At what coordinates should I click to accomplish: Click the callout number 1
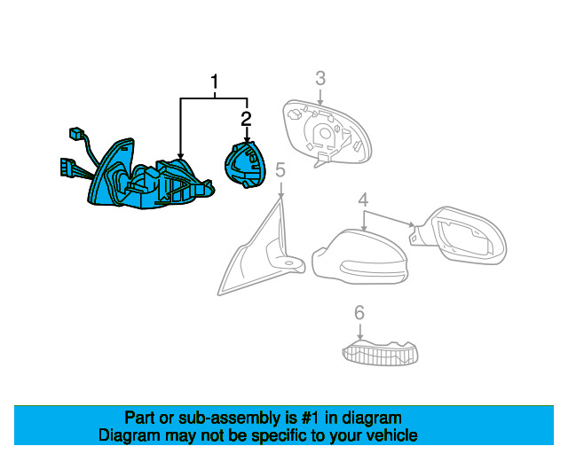[215, 82]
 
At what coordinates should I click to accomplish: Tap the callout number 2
[246, 119]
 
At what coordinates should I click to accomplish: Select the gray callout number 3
[320, 79]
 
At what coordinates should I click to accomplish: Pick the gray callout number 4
[363, 200]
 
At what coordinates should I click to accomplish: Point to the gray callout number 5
[280, 169]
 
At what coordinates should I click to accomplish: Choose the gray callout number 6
[359, 312]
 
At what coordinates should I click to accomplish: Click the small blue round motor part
[245, 165]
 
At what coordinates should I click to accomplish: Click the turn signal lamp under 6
[380, 353]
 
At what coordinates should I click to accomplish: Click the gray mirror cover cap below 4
[359, 257]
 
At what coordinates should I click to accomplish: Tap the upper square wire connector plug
[76, 134]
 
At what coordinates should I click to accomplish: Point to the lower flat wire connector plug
[67, 168]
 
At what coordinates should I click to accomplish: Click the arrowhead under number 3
[320, 103]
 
